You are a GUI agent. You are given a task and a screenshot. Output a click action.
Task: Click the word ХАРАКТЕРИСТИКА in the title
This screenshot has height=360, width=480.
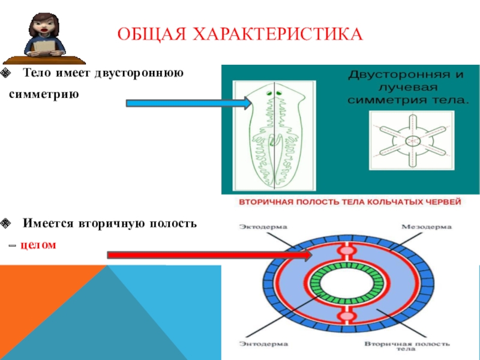point(280,34)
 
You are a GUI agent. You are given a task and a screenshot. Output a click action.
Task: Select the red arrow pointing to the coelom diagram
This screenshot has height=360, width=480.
point(210,255)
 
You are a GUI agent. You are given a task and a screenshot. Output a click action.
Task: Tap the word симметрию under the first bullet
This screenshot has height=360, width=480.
point(43,95)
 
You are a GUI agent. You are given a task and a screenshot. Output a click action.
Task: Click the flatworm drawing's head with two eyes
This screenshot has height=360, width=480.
point(273,96)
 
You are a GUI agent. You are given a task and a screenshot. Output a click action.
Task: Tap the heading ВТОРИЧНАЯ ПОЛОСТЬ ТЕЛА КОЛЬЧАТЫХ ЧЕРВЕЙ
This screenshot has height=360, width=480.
point(350,202)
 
